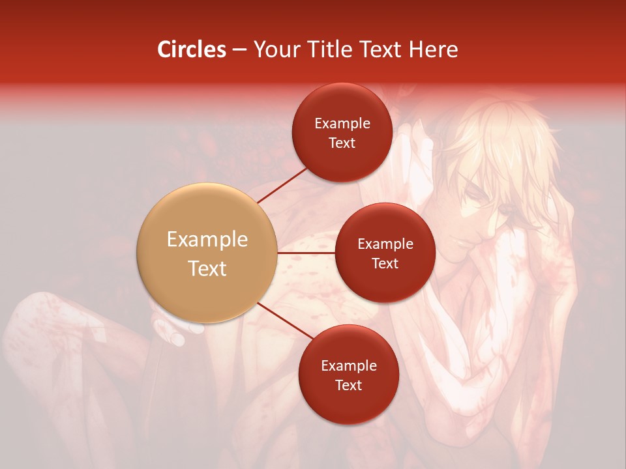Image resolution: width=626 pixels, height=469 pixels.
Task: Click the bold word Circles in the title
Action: tap(192, 50)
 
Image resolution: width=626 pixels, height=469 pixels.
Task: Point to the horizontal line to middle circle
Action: tap(306, 253)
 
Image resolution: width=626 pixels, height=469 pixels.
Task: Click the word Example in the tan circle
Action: tap(207, 240)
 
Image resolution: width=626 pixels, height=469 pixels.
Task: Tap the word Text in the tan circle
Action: tap(207, 268)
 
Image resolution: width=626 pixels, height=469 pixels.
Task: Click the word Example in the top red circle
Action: tap(342, 124)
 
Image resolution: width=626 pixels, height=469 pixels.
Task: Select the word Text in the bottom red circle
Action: tap(348, 385)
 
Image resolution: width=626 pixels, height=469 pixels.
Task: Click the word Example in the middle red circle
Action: tap(385, 244)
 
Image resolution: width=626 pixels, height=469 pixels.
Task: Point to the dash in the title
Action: tap(239, 50)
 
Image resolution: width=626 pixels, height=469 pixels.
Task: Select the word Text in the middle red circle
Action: tap(385, 263)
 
